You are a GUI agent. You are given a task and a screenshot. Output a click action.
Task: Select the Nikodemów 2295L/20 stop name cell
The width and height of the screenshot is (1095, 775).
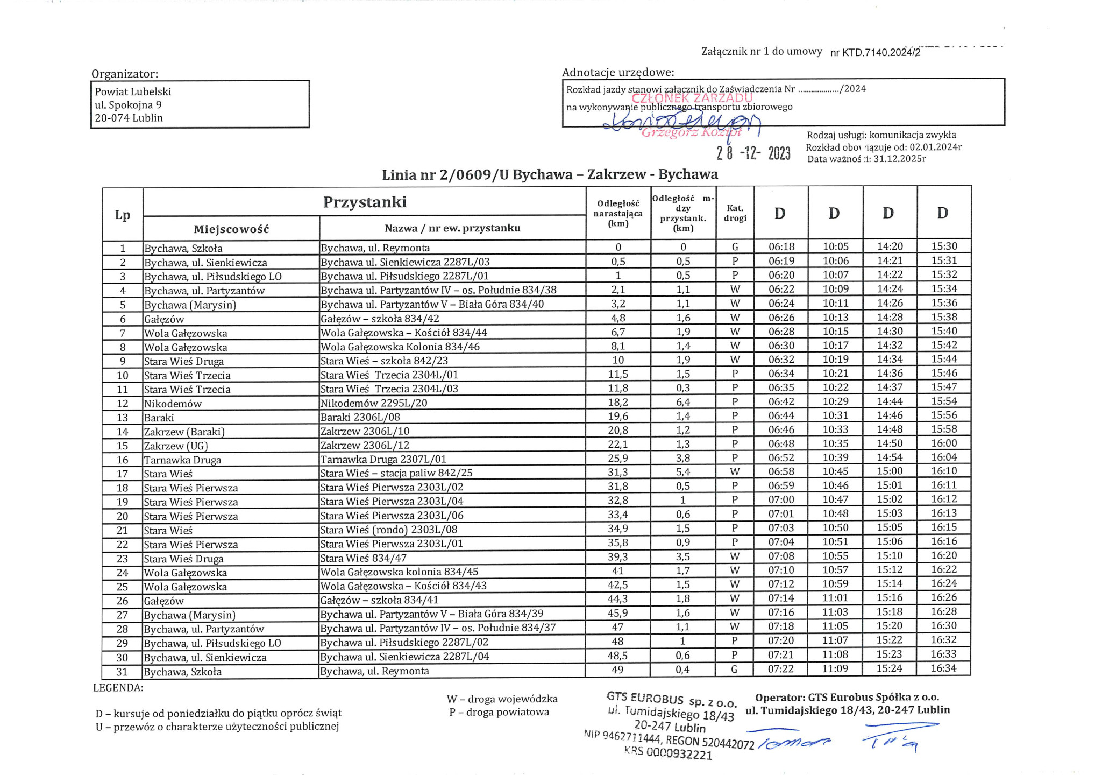tap(374, 403)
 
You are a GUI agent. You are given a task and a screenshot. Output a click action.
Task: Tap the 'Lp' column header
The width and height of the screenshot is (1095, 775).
tap(123, 215)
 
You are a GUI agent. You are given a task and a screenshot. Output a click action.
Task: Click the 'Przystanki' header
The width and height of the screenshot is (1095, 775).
tap(365, 202)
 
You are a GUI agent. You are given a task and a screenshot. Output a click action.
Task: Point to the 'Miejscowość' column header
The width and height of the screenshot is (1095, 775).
tap(231, 229)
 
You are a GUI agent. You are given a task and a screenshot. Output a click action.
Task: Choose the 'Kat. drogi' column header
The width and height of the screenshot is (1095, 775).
tap(735, 213)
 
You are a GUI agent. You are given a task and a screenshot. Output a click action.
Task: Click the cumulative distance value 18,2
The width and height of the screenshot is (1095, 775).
tap(618, 402)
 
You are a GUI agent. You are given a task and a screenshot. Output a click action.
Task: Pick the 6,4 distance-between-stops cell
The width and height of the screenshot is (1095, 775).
tap(683, 402)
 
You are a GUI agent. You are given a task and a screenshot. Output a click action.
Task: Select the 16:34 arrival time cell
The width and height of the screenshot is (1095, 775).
tap(944, 668)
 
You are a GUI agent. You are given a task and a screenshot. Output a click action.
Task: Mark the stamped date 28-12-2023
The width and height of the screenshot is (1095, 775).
tap(753, 153)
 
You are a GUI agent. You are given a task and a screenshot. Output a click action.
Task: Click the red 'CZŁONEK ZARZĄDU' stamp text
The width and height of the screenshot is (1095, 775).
tap(692, 98)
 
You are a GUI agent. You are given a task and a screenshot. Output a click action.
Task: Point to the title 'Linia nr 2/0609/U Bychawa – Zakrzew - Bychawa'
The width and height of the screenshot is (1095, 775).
tap(550, 174)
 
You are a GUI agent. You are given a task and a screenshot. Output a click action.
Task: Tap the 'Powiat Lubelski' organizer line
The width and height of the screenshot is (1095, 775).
tap(133, 92)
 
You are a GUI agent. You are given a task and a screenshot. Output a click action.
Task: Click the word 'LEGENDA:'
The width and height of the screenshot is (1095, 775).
tap(118, 687)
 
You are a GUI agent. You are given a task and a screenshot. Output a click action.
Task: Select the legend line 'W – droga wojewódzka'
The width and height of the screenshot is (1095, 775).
tap(502, 699)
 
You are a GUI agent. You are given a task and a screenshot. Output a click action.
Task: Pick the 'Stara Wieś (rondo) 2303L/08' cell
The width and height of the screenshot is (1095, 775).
tap(389, 530)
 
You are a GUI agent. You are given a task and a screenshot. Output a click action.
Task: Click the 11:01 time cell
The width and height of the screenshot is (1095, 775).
tap(835, 598)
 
